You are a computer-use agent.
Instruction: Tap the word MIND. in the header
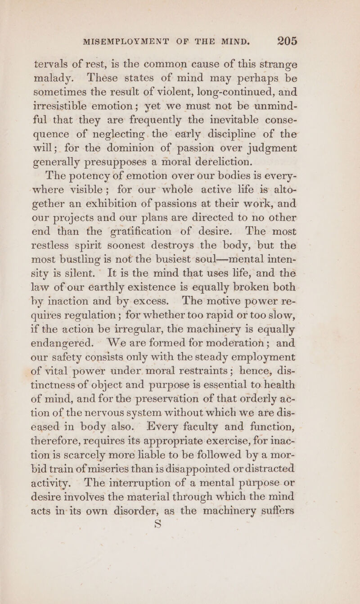click(246, 44)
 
